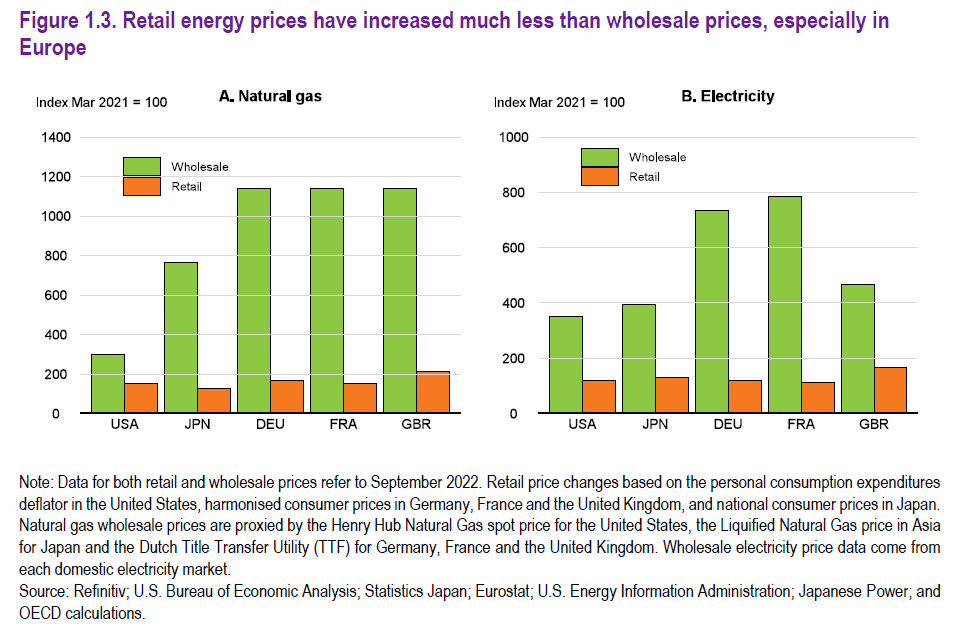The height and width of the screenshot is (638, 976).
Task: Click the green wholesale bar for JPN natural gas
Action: pyautogui.click(x=181, y=337)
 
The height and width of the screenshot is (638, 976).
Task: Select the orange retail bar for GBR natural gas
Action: pyautogui.click(x=434, y=392)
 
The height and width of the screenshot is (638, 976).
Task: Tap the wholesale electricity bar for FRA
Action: pyautogui.click(x=785, y=304)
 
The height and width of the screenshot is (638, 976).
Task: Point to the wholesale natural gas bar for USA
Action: pyautogui.click(x=107, y=383)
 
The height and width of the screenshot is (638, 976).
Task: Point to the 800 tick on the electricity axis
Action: pyautogui.click(x=514, y=192)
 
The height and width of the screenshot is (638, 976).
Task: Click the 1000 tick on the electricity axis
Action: pyautogui.click(x=511, y=137)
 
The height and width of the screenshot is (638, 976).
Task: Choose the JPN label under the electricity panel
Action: pyautogui.click(x=655, y=425)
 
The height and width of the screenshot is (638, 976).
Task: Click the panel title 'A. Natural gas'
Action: pyautogui.click(x=270, y=97)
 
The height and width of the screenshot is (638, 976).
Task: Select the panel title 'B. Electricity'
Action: pyautogui.click(x=728, y=97)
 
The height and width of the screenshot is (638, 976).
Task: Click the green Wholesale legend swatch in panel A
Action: pyautogui.click(x=143, y=166)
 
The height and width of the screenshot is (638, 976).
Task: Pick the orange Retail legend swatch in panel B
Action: pyautogui.click(x=601, y=177)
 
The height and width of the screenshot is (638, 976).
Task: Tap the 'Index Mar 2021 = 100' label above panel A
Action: pyautogui.click(x=101, y=102)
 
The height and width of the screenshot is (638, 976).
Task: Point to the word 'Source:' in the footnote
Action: pyautogui.click(x=45, y=591)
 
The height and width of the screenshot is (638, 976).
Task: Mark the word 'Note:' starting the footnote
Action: pyautogui.click(x=38, y=483)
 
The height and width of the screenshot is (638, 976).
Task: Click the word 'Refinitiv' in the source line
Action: pyautogui.click(x=101, y=591)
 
